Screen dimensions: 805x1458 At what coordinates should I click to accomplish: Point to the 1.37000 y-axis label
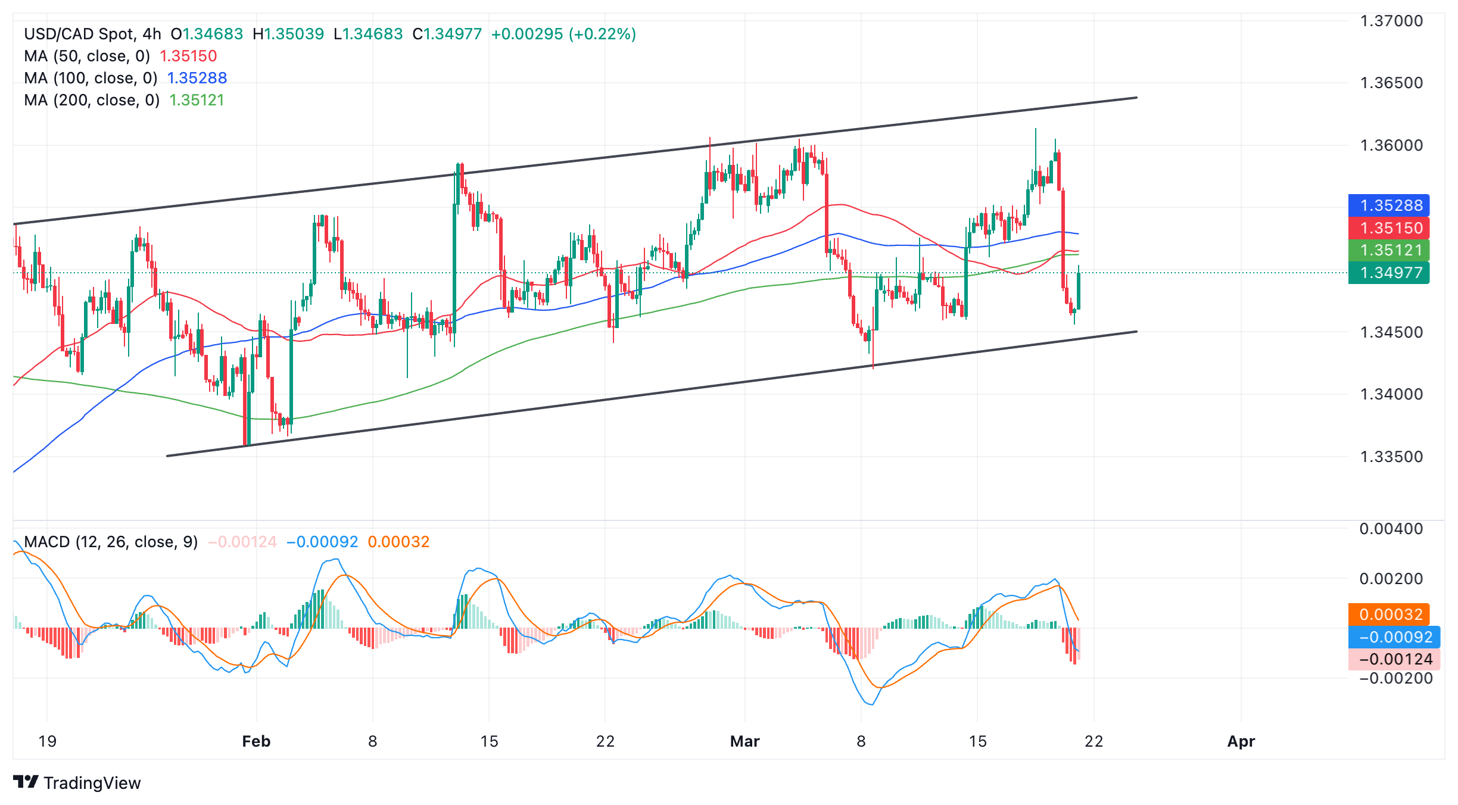tap(1391, 21)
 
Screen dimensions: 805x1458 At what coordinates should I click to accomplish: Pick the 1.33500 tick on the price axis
tap(1391, 457)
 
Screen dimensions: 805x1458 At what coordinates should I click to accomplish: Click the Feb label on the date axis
tap(256, 741)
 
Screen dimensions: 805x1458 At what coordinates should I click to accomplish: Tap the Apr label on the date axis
tap(1241, 741)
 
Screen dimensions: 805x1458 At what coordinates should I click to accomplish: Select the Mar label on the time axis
tap(744, 741)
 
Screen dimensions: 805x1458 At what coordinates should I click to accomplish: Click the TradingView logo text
tap(92, 783)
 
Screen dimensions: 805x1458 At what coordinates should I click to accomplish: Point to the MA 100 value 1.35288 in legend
tap(197, 78)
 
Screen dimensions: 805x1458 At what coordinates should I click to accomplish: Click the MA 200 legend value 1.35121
tap(197, 100)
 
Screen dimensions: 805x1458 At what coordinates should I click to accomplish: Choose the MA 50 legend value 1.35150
tap(188, 56)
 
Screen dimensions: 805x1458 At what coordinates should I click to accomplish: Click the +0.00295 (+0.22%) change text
tap(563, 34)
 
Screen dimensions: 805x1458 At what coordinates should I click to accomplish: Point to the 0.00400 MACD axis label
tap(1391, 529)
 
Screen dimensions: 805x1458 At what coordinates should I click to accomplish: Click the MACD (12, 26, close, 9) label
tap(111, 542)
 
